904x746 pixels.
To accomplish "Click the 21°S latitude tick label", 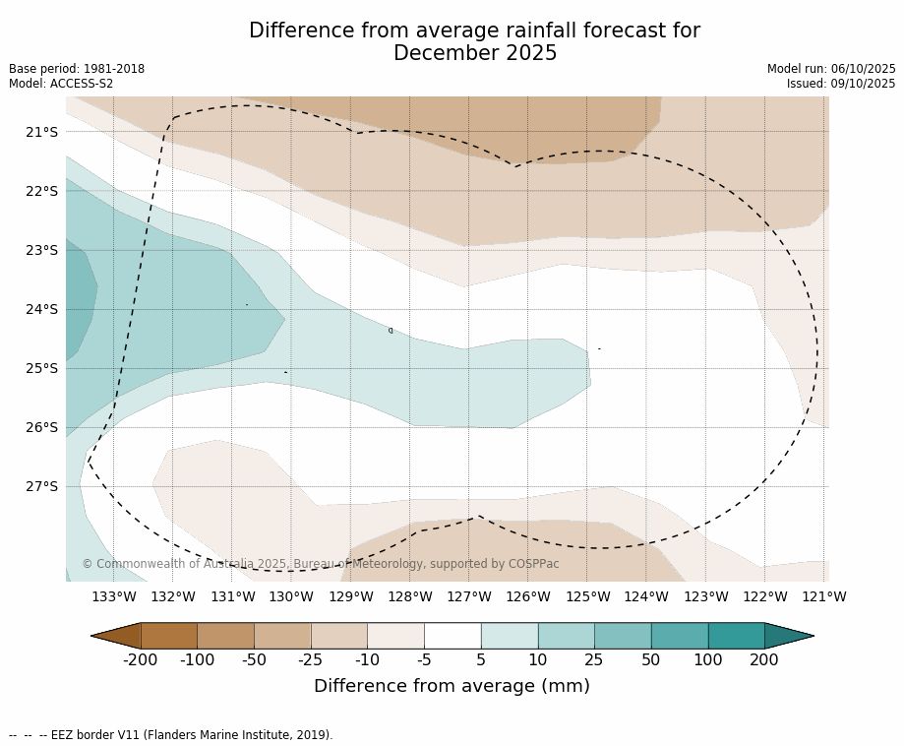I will pyautogui.click(x=42, y=132).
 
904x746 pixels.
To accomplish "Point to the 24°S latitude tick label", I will pyautogui.click(x=42, y=309).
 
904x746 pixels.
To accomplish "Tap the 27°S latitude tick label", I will pyautogui.click(x=42, y=486).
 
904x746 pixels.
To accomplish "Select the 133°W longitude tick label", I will pyautogui.click(x=114, y=596).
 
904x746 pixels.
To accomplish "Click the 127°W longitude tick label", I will pyautogui.click(x=469, y=596).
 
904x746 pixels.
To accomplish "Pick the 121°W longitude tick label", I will pyautogui.click(x=824, y=596).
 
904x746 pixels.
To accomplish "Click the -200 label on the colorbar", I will pyautogui.click(x=140, y=660).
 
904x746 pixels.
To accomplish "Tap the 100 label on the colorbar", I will pyautogui.click(x=707, y=660).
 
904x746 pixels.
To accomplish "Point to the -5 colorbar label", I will pyautogui.click(x=424, y=660).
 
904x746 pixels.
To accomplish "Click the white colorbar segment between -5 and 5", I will pyautogui.click(x=452, y=636).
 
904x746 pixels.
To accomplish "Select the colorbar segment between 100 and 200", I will pyautogui.click(x=736, y=636).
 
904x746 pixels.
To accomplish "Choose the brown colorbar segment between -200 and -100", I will pyautogui.click(x=169, y=636).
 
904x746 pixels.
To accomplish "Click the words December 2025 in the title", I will pyautogui.click(x=475, y=53).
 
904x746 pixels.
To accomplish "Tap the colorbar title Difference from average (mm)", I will pyautogui.click(x=452, y=687).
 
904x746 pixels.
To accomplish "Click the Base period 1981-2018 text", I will pyautogui.click(x=77, y=69).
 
